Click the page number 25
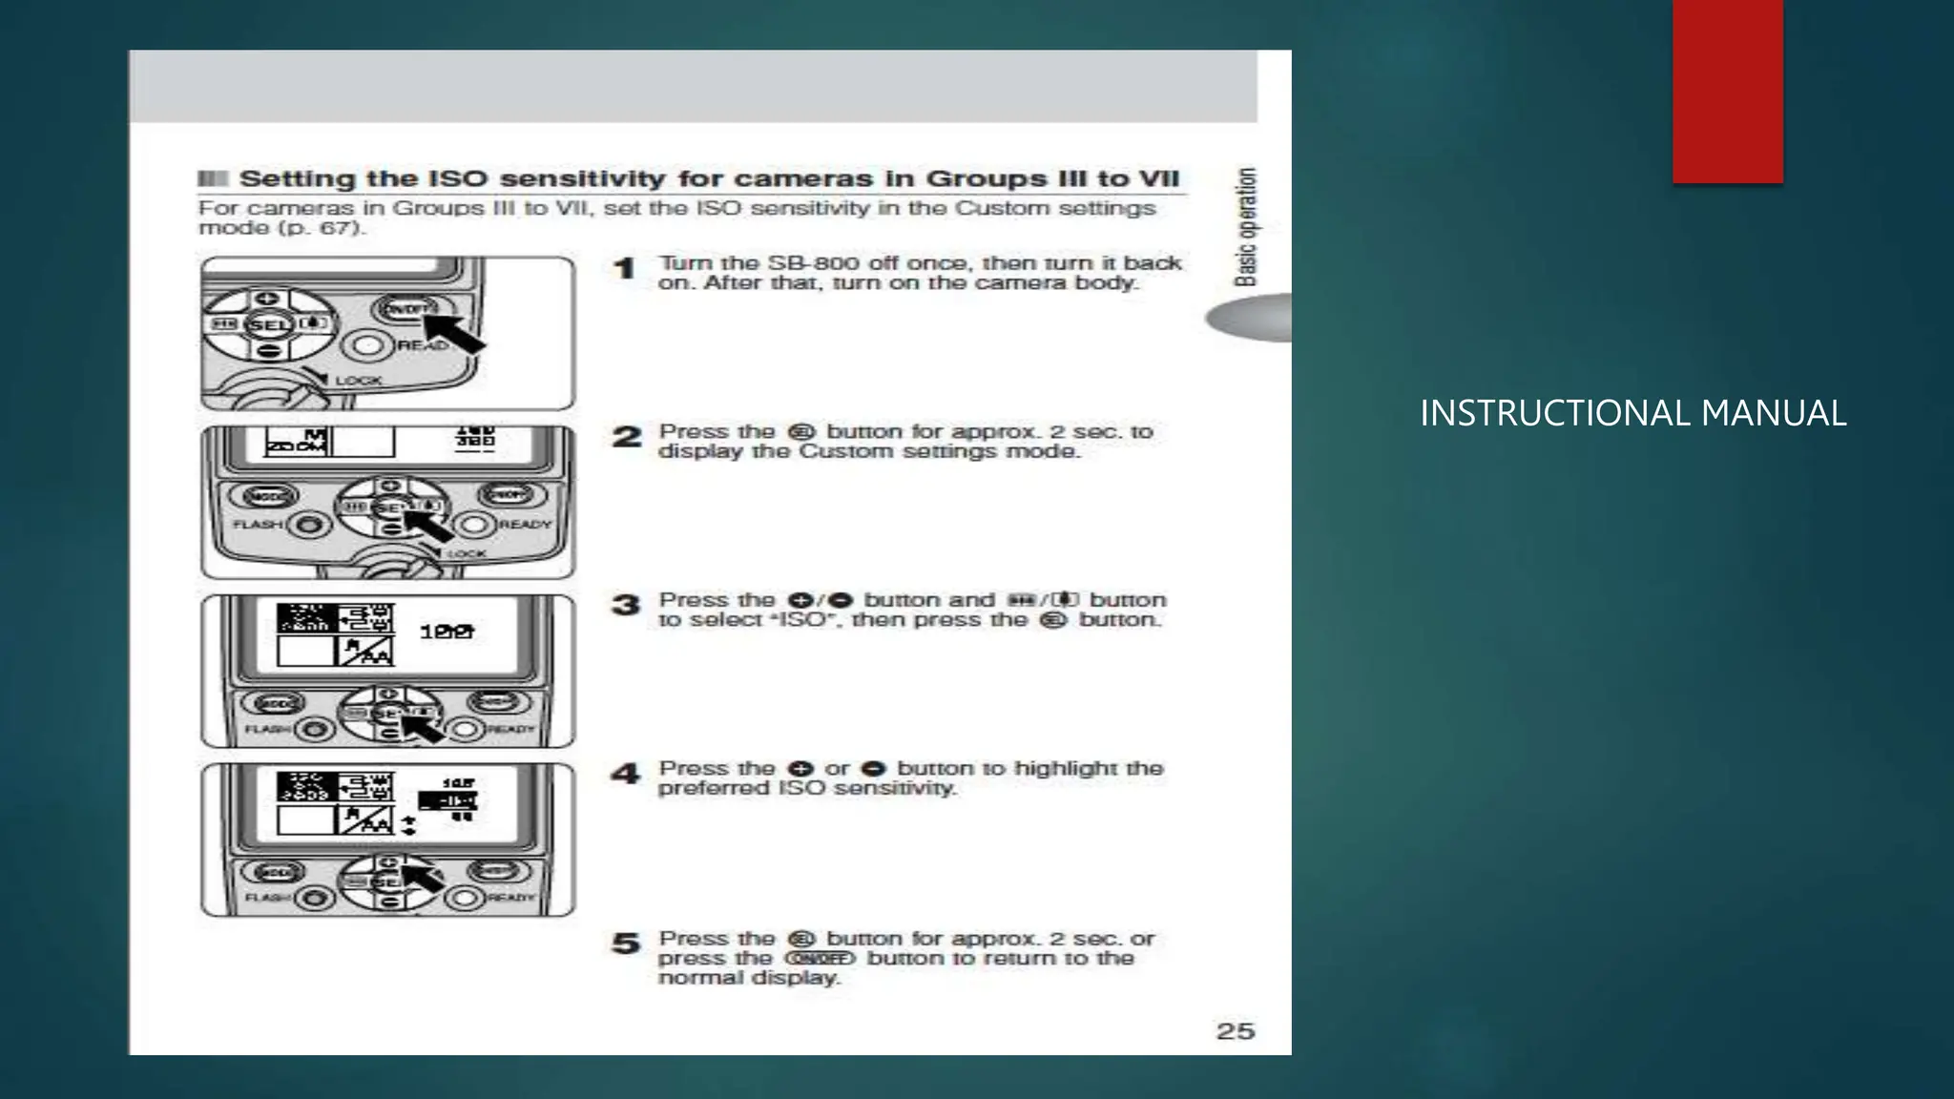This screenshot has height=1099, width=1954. [1235, 1031]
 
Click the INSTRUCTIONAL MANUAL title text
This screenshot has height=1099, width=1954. [1632, 413]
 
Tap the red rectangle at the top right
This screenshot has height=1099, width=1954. [1727, 91]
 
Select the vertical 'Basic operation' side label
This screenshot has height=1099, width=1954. [1245, 227]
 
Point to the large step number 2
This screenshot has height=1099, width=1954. [626, 438]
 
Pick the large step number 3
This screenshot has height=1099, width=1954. [626, 606]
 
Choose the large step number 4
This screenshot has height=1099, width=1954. [625, 774]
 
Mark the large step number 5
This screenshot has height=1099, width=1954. [626, 943]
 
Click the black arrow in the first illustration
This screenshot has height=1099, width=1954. [456, 333]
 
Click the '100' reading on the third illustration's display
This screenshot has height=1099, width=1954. [447, 632]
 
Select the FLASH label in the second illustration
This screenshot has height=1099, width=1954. [258, 525]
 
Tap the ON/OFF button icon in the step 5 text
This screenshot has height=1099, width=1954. [820, 958]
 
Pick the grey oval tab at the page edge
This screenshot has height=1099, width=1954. [1250, 318]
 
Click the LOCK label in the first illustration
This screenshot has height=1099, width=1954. [358, 380]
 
